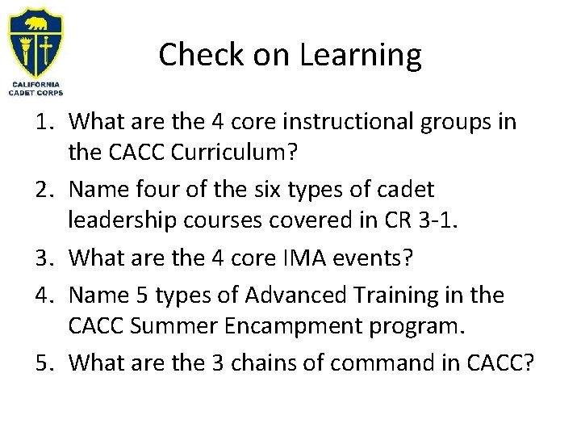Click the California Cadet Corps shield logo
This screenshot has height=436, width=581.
click(37, 40)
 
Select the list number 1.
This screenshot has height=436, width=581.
click(47, 122)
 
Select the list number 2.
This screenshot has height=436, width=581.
click(47, 191)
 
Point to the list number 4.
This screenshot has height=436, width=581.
click(47, 295)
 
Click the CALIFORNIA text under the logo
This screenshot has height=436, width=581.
click(37, 83)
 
